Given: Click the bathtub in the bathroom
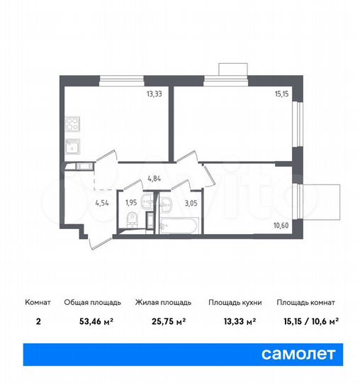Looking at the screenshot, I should coord(180,227).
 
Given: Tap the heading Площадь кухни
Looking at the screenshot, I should coord(235,302).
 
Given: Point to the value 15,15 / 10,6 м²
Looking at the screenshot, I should coord(308,321).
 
